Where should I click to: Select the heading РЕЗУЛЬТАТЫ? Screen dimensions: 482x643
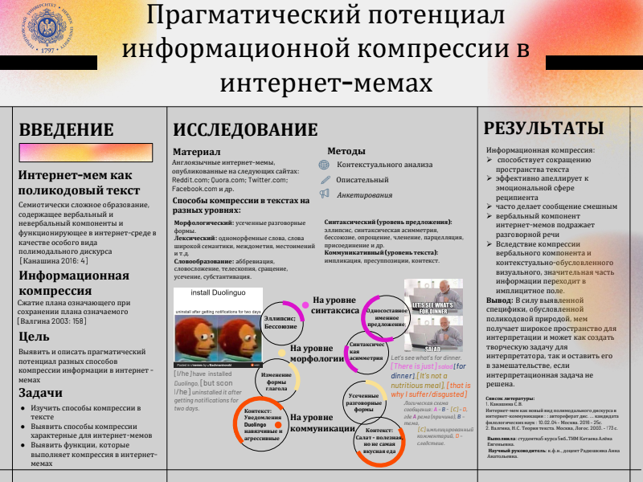click(543, 129)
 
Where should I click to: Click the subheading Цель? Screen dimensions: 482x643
click(35, 337)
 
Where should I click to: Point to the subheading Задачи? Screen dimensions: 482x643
click(41, 393)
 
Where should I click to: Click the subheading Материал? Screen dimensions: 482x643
click(197, 152)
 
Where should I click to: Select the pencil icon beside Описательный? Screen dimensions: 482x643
click(325, 180)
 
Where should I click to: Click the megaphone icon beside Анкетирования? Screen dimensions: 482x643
click(325, 194)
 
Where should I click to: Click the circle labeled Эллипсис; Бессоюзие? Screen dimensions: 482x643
click(281, 322)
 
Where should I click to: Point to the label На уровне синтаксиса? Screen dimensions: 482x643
click(336, 304)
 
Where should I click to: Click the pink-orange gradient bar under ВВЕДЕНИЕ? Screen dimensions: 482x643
click(85, 153)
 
